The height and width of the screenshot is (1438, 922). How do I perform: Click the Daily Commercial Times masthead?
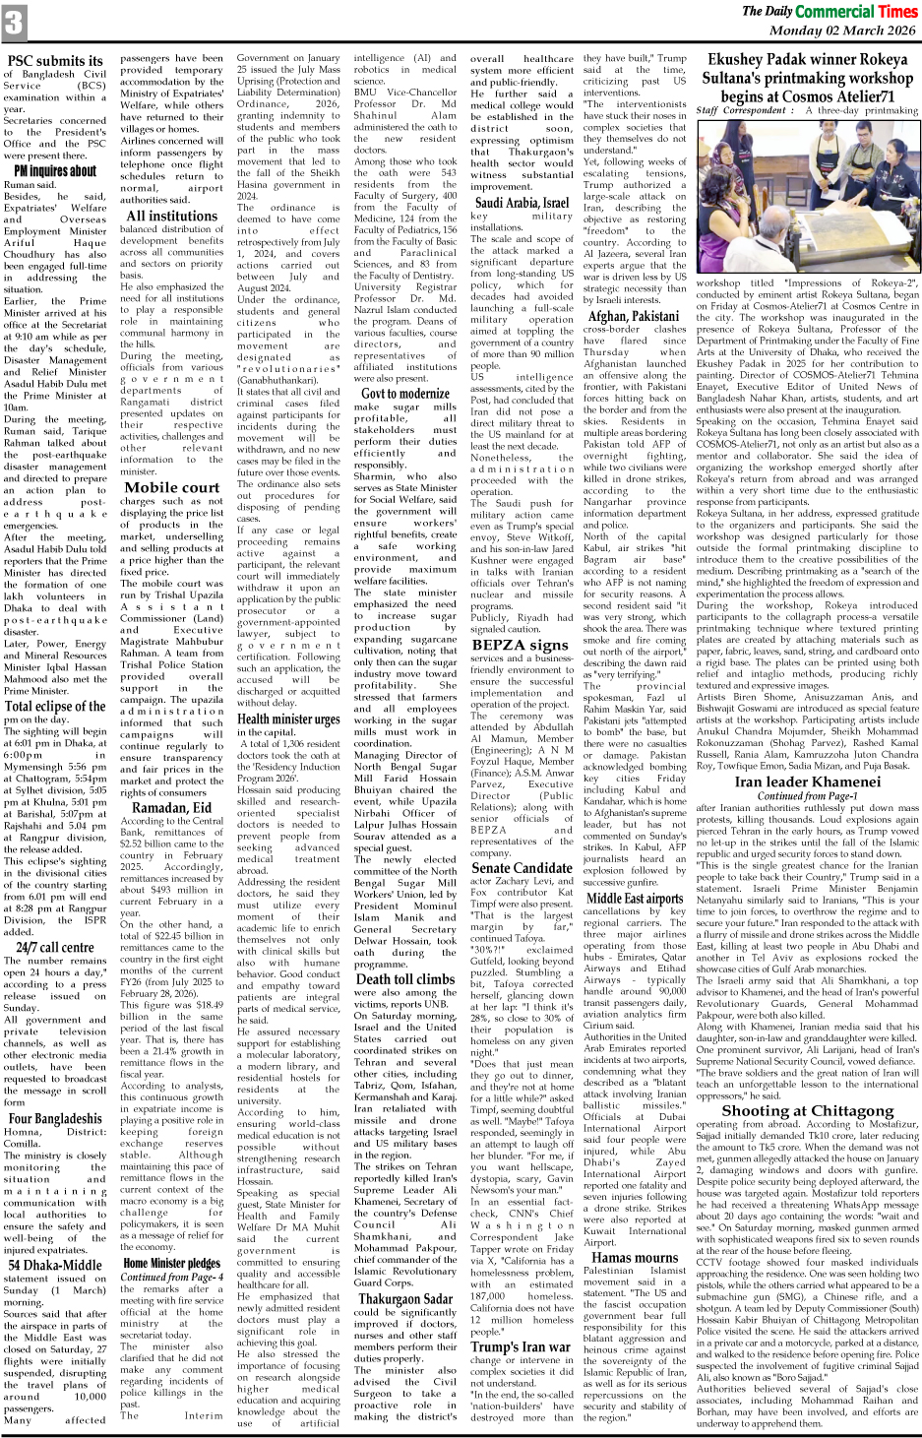click(829, 11)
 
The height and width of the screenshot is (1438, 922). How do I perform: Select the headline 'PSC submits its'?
click(55, 61)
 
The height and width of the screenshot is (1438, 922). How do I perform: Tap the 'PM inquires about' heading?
click(55, 170)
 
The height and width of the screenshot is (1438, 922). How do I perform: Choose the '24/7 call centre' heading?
click(55, 948)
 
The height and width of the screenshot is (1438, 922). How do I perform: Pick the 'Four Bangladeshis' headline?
click(55, 1118)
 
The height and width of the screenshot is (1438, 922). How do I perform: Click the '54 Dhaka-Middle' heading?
click(55, 1265)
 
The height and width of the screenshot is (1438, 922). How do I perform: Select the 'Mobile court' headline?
click(171, 487)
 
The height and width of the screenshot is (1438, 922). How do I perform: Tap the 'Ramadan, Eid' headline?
click(171, 808)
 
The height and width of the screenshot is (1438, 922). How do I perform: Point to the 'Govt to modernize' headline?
click(405, 393)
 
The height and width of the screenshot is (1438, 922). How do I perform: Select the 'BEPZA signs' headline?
click(520, 645)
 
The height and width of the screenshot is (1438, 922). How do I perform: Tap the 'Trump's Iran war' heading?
click(520, 1346)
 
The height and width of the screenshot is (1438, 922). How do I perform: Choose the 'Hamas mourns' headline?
click(634, 1257)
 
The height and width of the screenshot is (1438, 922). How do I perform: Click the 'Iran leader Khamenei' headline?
click(807, 782)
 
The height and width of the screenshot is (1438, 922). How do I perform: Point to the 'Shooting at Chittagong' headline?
click(807, 1110)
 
